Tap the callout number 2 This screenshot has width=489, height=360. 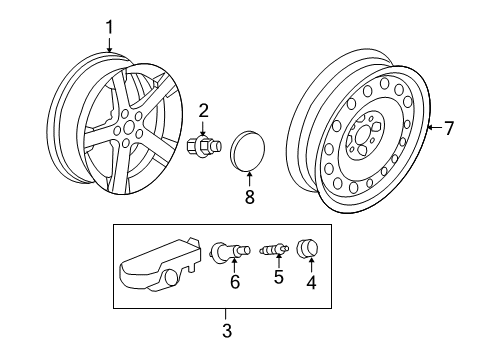[x=203, y=111]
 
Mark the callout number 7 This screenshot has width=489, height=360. [x=449, y=128]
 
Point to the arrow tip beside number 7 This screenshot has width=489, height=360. [x=428, y=128]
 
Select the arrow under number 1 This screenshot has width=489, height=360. [x=110, y=46]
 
